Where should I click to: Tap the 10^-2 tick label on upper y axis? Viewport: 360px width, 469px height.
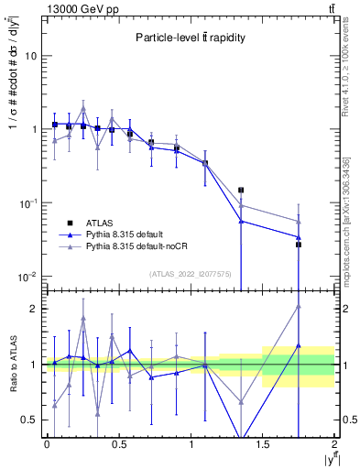click(x=29, y=277)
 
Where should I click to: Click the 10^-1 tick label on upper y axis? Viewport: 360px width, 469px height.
click(x=29, y=203)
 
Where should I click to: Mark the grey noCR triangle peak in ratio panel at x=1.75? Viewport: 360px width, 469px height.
click(x=299, y=307)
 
